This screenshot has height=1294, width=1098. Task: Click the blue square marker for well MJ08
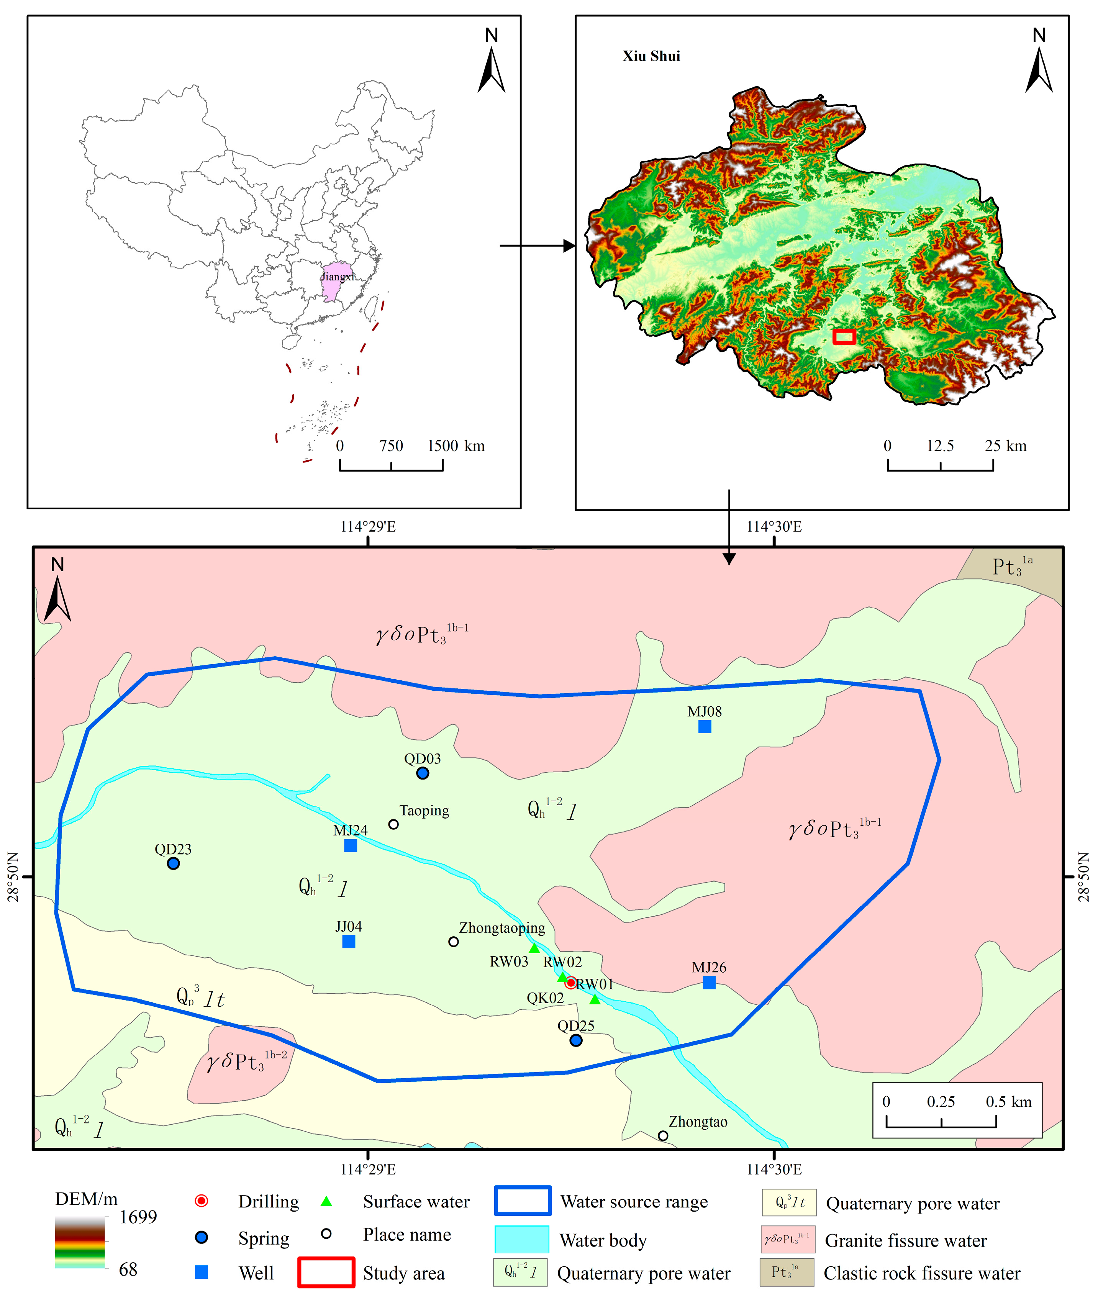[x=704, y=726]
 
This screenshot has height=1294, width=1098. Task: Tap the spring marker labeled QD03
[x=423, y=773]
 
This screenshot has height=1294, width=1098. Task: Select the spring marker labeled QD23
[x=174, y=863]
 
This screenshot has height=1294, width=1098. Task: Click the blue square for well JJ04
[x=349, y=942]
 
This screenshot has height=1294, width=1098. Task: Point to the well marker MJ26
[x=709, y=982]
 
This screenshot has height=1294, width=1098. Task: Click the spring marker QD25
[x=576, y=1040]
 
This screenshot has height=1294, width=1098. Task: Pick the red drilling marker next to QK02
[x=570, y=983]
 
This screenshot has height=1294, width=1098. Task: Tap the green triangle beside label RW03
[x=534, y=948]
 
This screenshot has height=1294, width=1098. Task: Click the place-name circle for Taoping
[x=393, y=824]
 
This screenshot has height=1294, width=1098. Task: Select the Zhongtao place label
[x=698, y=1122]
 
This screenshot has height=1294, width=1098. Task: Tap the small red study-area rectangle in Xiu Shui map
[x=844, y=337]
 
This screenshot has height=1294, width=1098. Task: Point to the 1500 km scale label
[x=455, y=446]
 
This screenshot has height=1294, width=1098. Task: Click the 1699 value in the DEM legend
[x=138, y=1217]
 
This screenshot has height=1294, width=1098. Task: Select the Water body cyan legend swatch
[x=522, y=1239]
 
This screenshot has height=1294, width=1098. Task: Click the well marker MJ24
[x=351, y=845]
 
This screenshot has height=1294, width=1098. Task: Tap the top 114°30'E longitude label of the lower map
[x=774, y=527]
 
